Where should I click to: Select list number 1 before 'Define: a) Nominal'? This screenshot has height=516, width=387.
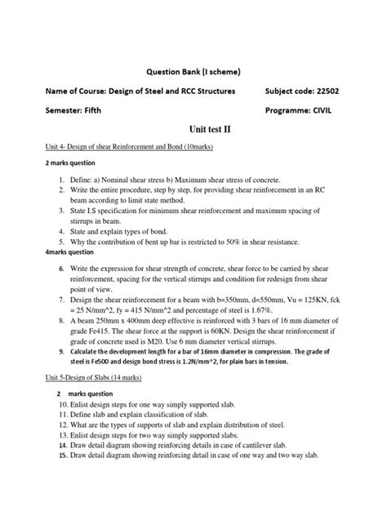[x=60, y=178]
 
